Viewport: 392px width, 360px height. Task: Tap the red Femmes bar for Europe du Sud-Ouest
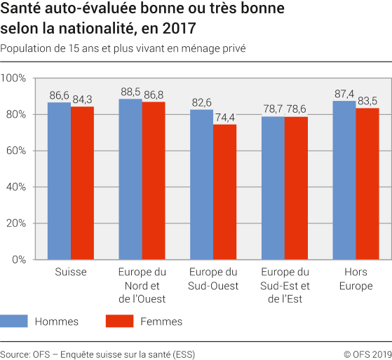[x=224, y=192]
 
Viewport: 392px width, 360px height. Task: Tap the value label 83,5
[x=367, y=100]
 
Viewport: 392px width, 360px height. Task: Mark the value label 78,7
[x=273, y=109]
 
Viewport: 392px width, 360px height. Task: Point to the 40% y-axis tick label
[x=16, y=187]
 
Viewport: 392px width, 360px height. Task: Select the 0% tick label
[x=19, y=260]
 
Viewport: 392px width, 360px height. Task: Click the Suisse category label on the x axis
[x=70, y=272]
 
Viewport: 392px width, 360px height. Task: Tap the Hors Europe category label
[x=356, y=279]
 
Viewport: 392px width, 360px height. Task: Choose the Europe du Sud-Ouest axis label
[x=213, y=279]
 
